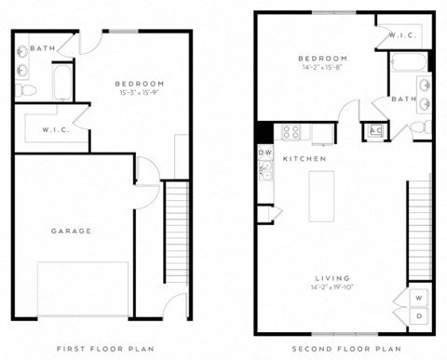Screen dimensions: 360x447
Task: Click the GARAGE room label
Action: coord(71,231)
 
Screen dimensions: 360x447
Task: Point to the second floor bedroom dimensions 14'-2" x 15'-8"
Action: coord(322,67)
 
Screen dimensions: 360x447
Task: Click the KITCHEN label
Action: coord(305,159)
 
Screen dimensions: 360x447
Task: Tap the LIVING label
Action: coord(332,278)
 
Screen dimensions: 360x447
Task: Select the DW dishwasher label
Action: coord(264,152)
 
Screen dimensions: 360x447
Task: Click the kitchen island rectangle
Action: coord(322,195)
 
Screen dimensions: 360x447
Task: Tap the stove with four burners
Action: coord(291,131)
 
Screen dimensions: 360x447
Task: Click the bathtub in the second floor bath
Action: coord(409,63)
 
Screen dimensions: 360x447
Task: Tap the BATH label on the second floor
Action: coord(404,99)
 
